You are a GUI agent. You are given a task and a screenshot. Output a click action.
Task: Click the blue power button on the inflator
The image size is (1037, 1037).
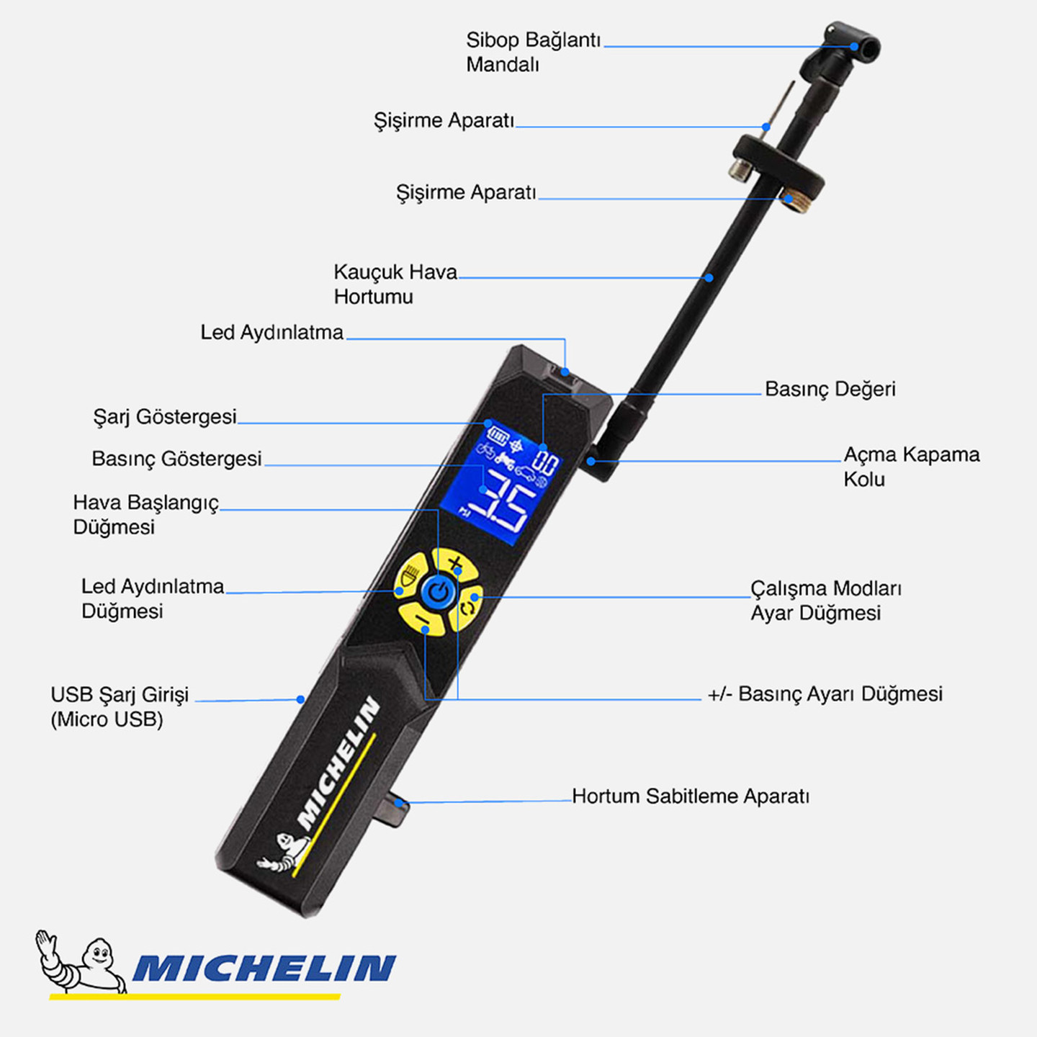click(x=439, y=593)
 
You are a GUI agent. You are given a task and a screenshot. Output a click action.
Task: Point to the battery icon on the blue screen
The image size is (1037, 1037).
click(x=497, y=435)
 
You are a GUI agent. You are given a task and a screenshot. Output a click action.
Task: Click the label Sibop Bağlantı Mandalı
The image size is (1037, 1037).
click(x=534, y=52)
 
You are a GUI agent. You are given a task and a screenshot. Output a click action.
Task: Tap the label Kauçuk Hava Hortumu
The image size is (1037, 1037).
click(x=395, y=284)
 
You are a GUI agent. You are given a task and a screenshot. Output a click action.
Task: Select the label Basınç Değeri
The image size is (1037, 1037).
click(x=830, y=389)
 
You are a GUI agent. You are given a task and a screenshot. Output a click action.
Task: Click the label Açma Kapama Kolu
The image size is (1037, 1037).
click(x=912, y=467)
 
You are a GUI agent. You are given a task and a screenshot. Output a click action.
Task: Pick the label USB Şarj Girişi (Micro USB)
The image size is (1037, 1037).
click(x=120, y=706)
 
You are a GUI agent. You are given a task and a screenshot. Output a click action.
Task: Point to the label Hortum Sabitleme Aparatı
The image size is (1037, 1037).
click(x=691, y=796)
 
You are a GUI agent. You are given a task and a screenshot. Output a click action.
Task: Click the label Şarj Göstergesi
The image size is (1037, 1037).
click(x=165, y=417)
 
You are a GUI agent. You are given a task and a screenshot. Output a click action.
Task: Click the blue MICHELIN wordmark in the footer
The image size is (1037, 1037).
click(x=264, y=968)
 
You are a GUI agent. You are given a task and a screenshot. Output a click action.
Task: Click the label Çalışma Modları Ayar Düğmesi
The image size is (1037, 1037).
click(x=826, y=601)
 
